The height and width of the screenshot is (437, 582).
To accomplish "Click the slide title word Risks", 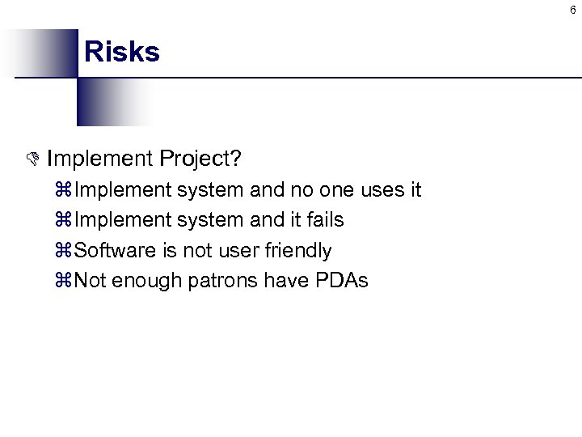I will click(122, 52).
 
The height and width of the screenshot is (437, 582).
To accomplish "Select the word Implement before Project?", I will click(99, 158).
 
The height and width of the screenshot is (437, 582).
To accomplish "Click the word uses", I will click(383, 190).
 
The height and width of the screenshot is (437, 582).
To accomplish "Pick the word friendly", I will click(299, 251).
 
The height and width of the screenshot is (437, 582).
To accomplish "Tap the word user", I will click(241, 251).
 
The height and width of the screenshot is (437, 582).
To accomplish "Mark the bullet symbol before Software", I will click(66, 251).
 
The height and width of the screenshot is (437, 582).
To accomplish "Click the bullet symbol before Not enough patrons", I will click(66, 281).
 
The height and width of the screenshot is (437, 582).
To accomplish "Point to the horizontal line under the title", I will click(323, 78).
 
